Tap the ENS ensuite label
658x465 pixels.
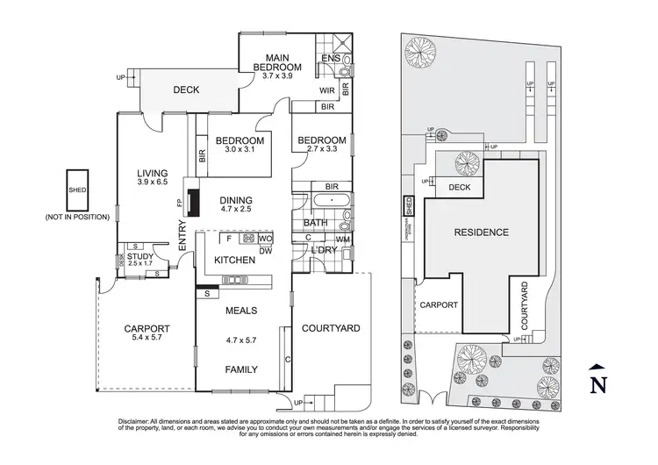330,59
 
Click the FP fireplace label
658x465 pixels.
180,201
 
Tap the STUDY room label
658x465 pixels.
139,256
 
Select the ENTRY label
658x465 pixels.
182,247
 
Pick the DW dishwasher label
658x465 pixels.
264,250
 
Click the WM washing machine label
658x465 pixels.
342,239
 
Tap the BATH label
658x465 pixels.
316,224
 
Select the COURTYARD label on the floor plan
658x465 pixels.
331,328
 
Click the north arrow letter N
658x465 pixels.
597,383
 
